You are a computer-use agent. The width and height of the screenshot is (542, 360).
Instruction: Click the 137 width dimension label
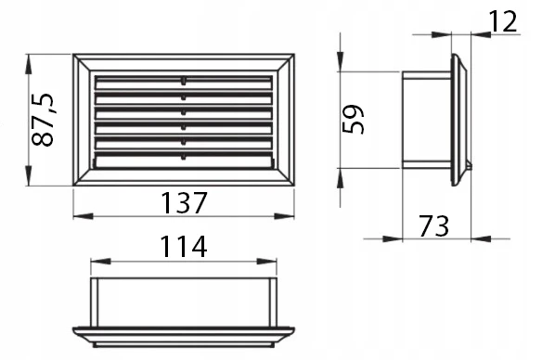click(x=184, y=203)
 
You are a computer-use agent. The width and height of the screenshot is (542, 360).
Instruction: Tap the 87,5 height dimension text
click(x=44, y=120)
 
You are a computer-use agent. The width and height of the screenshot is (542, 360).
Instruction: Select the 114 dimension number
click(x=184, y=247)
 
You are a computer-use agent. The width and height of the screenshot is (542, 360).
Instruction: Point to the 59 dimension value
click(x=354, y=119)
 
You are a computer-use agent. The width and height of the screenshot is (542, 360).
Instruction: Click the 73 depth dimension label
click(x=433, y=226)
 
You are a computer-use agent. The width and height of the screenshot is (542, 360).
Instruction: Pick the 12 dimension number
click(x=503, y=21)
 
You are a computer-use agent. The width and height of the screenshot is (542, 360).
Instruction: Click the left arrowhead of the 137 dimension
click(x=83, y=216)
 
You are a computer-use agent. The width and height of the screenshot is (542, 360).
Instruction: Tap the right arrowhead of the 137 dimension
click(x=284, y=216)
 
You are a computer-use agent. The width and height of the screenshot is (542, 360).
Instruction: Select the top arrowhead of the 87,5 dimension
click(x=29, y=64)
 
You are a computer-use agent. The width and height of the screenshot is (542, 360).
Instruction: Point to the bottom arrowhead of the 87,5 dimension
click(x=29, y=176)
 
